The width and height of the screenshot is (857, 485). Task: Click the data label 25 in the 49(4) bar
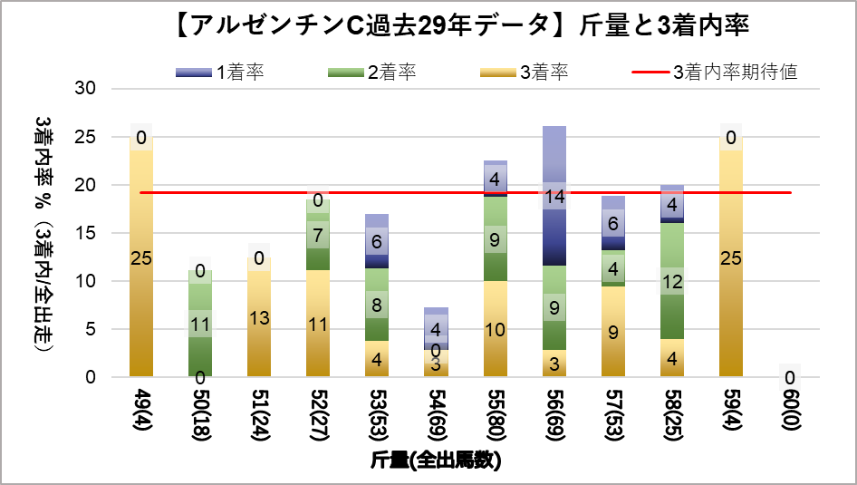[x=141, y=259]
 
